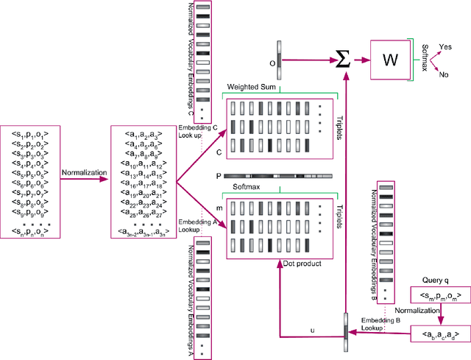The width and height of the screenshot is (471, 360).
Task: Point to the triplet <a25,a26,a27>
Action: click(141, 213)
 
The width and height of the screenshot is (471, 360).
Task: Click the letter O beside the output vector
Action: click(272, 63)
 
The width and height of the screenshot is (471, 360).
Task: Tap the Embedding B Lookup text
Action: click(380, 325)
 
